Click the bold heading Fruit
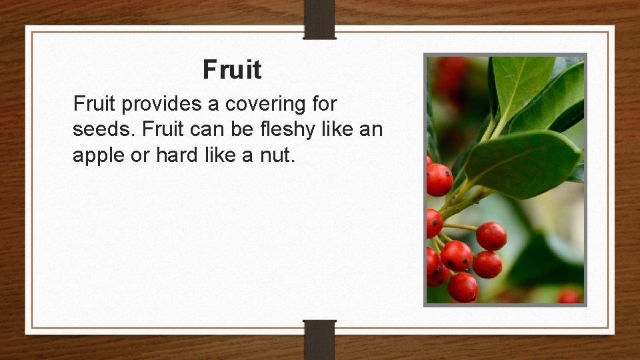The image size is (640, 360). (x=232, y=69)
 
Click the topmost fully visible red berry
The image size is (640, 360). (x=439, y=179)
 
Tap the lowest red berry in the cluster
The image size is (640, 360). (x=463, y=287)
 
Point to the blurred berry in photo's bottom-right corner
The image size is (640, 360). (x=569, y=296)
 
